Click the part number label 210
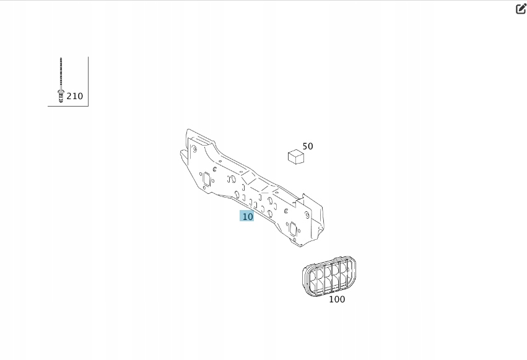click(x=74, y=96)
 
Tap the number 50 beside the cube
click(x=308, y=146)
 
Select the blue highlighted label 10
click(x=246, y=216)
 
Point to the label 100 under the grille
click(x=337, y=299)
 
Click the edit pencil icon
click(x=521, y=9)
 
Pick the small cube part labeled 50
click(x=296, y=157)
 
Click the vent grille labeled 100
click(x=329, y=276)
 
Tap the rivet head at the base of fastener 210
click(x=61, y=96)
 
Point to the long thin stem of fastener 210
click(x=61, y=74)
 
